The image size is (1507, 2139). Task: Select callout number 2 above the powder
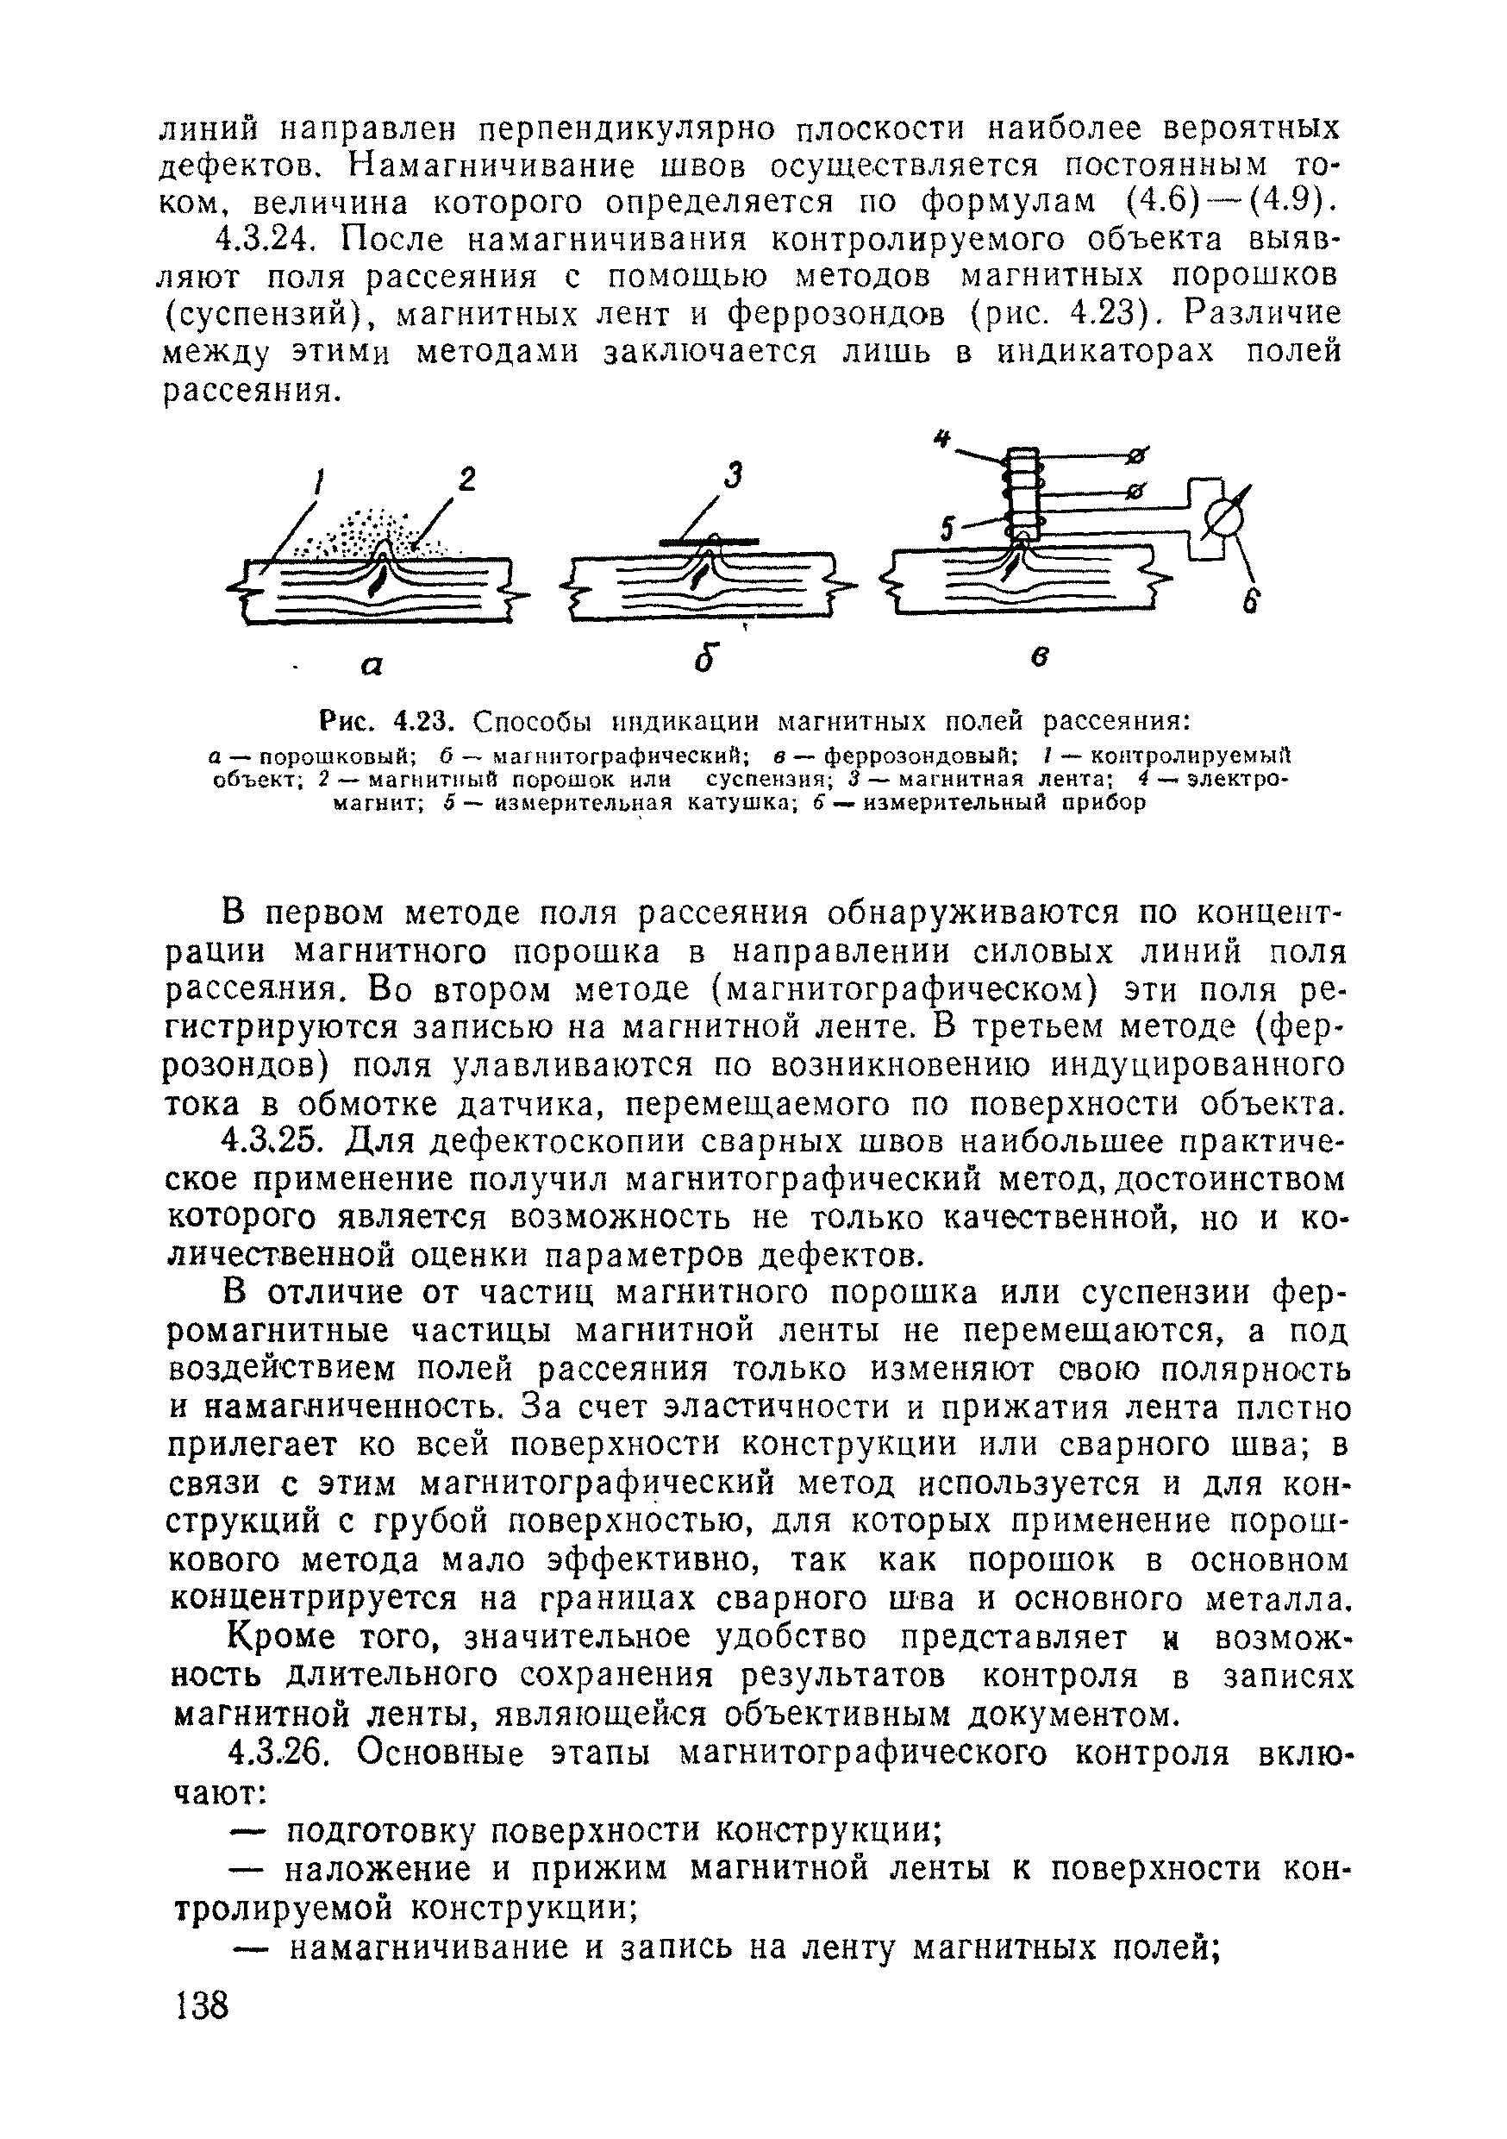pos(466,479)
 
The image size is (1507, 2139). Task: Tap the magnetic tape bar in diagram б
pos(708,540)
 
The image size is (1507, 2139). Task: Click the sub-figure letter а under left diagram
pos(372,665)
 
